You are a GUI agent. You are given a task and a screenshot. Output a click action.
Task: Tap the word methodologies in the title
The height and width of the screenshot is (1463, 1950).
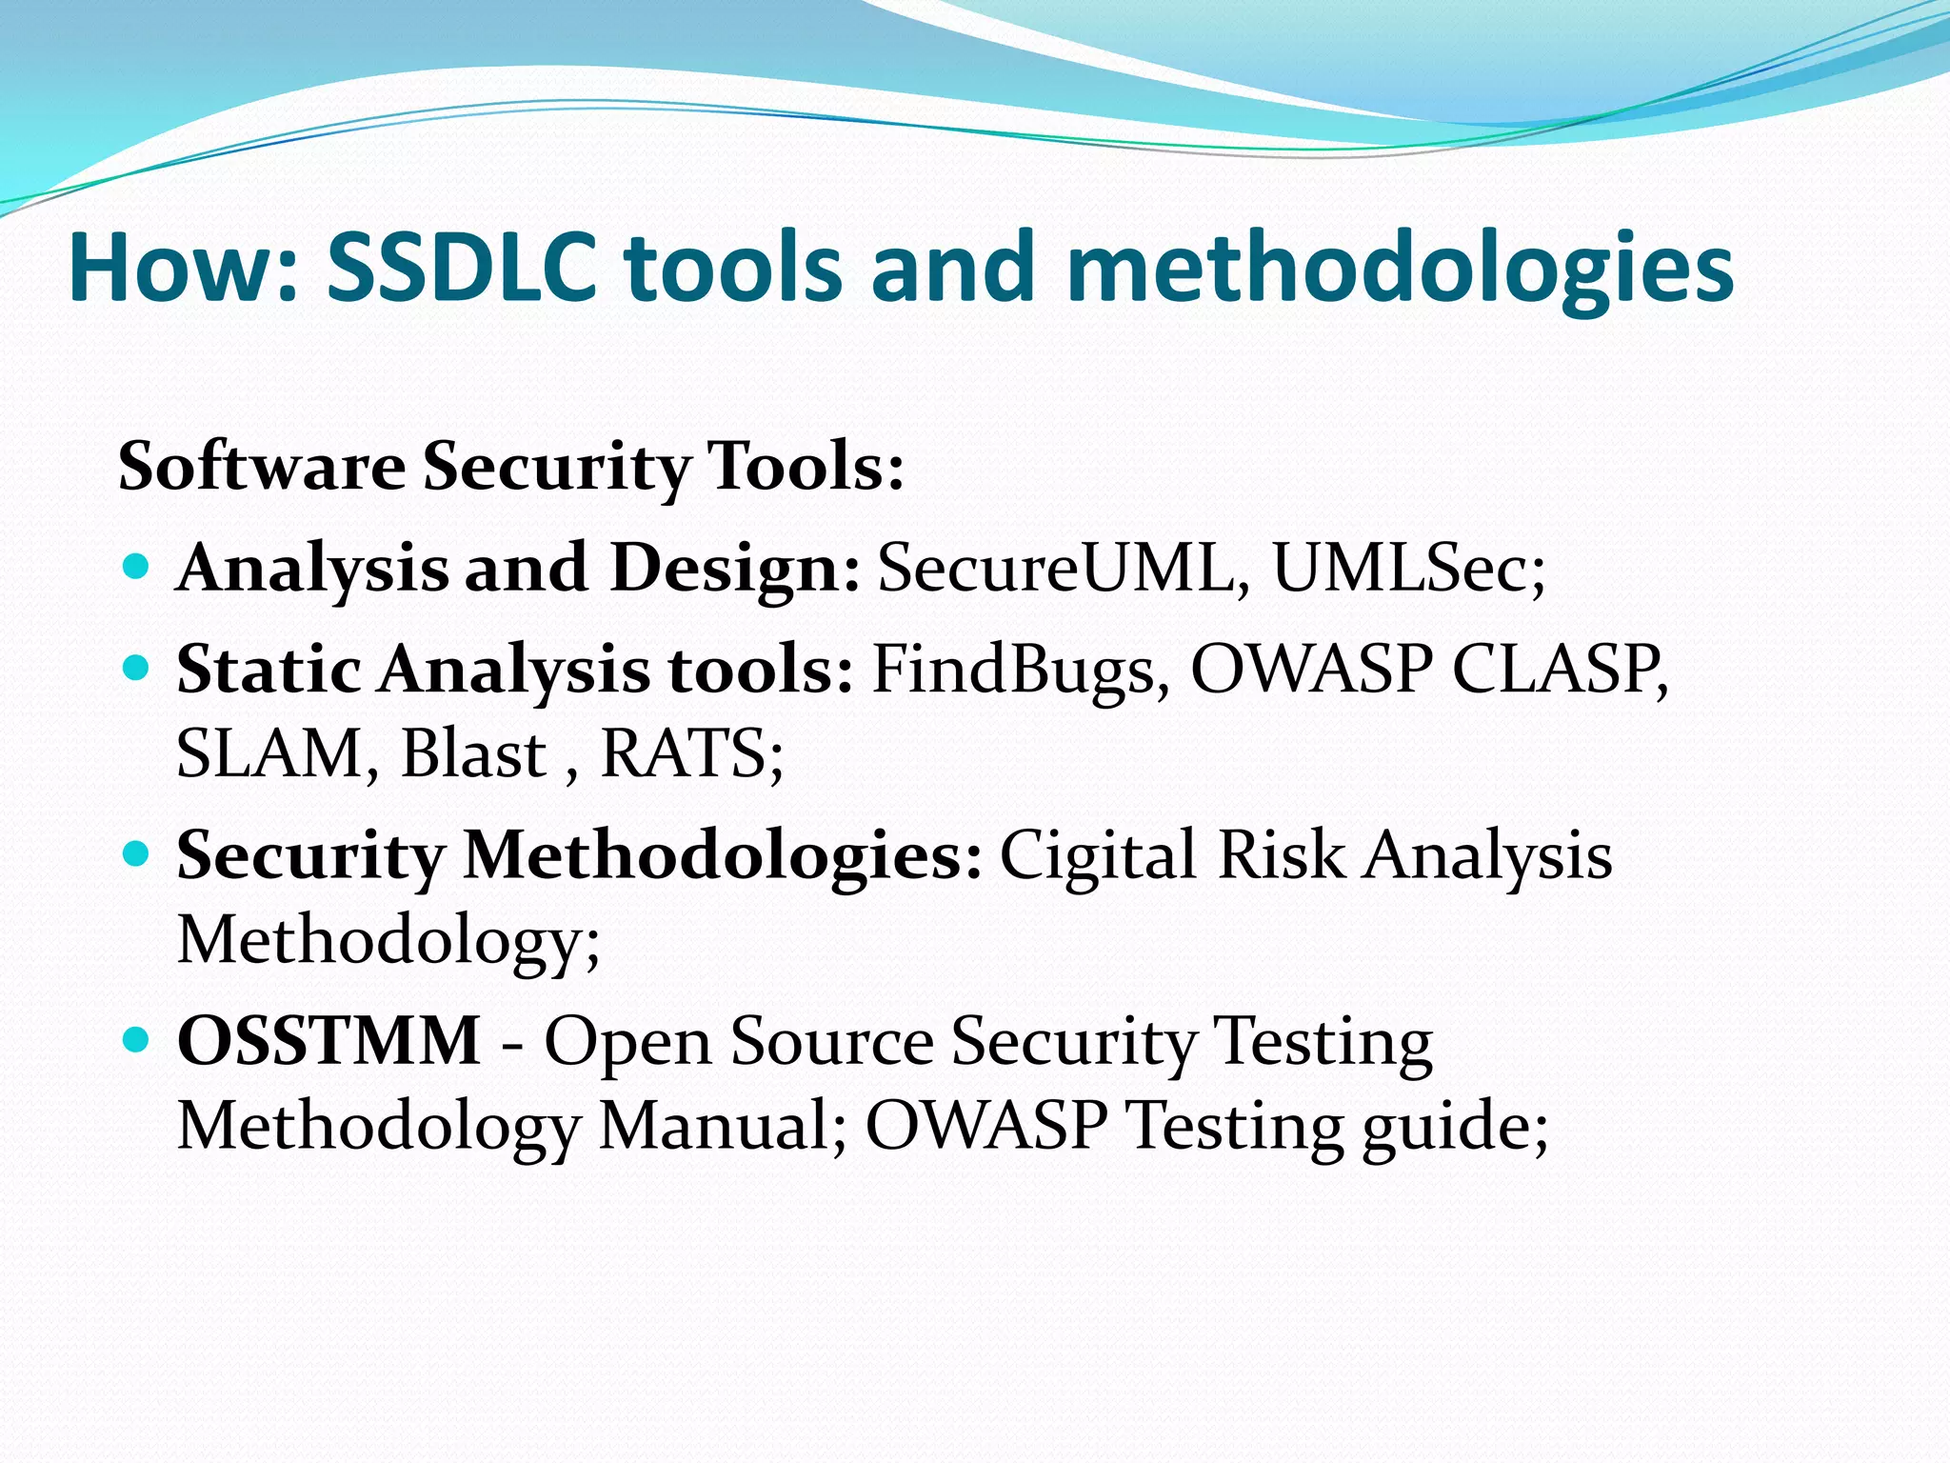tap(1400, 270)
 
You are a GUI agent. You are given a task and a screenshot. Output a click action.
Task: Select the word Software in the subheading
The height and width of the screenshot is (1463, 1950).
tap(261, 467)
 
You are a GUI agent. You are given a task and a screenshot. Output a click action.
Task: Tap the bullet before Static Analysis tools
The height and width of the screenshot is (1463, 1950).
tap(137, 670)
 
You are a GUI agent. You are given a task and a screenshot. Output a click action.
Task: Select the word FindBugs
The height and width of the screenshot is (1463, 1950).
tap(1013, 670)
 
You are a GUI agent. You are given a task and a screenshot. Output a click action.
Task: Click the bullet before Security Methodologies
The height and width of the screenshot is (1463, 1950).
tap(137, 854)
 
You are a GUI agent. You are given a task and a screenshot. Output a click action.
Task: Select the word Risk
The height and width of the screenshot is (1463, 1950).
tap(1281, 854)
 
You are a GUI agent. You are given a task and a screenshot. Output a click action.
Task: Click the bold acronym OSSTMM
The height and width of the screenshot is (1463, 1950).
tap(328, 1040)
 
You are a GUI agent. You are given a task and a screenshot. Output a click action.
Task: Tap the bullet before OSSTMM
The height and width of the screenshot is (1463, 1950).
tap(137, 1040)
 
